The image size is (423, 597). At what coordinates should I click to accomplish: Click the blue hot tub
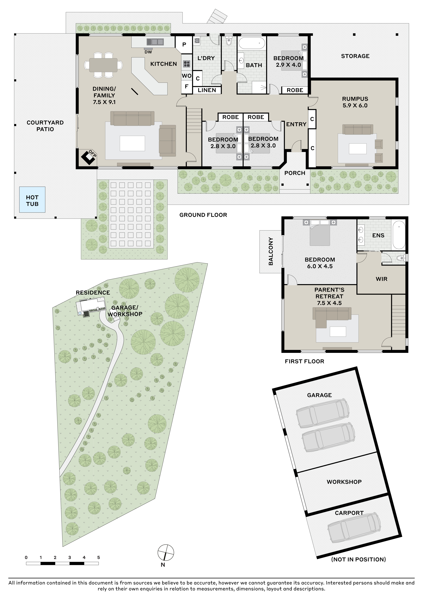pos(32,199)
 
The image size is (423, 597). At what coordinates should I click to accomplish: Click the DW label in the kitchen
pos(148,52)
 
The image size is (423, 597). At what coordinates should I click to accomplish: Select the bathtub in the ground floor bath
pos(252,43)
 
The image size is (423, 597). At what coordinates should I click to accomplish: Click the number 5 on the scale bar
pos(99,558)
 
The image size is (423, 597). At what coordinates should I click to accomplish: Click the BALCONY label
pos(271,251)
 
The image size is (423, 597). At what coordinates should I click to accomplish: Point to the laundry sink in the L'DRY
pos(197,40)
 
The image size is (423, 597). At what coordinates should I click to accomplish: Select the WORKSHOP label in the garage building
pos(344,482)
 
